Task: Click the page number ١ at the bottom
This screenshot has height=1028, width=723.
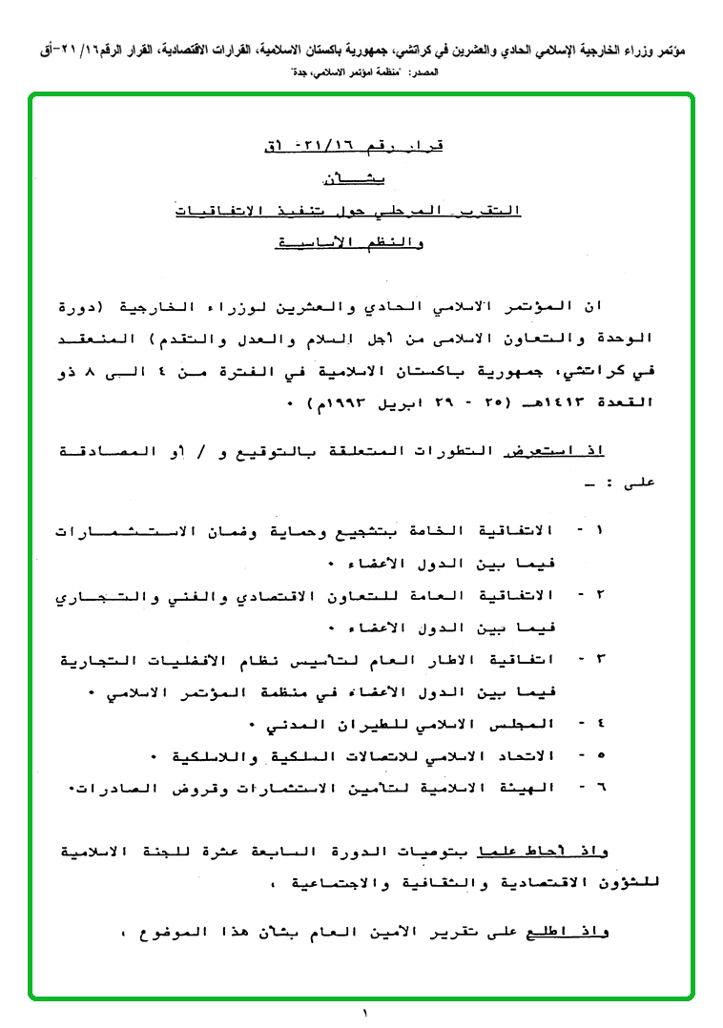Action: [x=364, y=1013]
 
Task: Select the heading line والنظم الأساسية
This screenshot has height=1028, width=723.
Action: [x=349, y=243]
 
